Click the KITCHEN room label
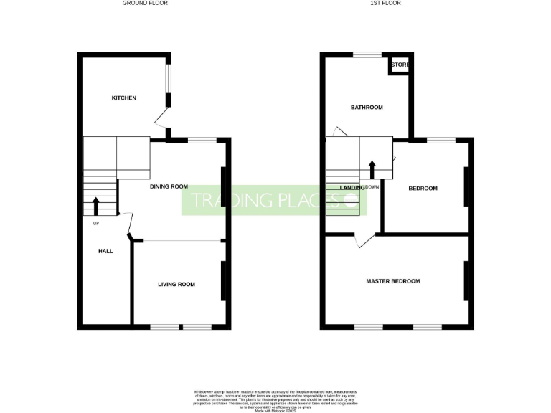tap(123, 98)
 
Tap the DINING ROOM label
tap(169, 186)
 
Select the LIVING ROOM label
tap(176, 285)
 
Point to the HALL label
tap(105, 251)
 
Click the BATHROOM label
tap(367, 108)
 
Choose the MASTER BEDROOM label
tap(392, 281)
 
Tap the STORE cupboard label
tap(400, 65)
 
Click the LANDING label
tap(352, 188)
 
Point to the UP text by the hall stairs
tap(95, 223)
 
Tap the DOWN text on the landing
tap(372, 187)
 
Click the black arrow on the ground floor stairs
tap(96, 206)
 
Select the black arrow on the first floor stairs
tap(372, 169)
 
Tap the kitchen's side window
tap(169, 88)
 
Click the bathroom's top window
tap(367, 54)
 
